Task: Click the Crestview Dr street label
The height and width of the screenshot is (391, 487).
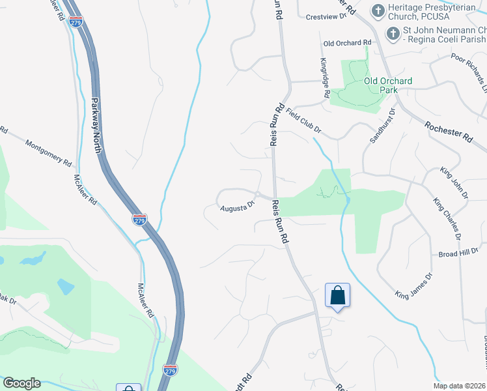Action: click(327, 17)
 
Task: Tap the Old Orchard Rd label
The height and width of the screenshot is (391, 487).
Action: click(347, 43)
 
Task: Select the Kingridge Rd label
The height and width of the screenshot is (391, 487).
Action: click(324, 78)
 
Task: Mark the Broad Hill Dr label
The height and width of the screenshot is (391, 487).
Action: click(458, 253)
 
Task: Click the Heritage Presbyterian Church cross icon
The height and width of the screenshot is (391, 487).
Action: click(378, 10)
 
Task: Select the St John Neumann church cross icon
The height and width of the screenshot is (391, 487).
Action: click(393, 33)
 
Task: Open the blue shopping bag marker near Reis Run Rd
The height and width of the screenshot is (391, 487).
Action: click(337, 296)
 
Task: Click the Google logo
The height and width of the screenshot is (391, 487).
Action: click(21, 383)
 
